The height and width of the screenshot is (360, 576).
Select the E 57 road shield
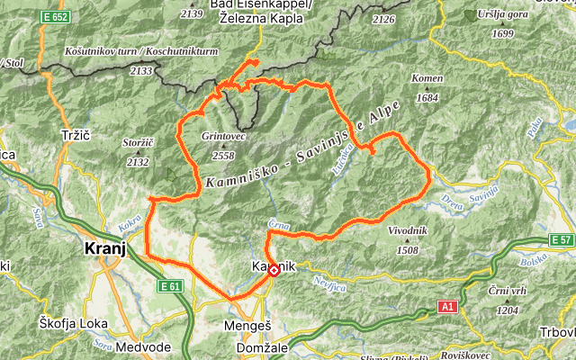point(561,240)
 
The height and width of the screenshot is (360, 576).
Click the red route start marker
point(274,270)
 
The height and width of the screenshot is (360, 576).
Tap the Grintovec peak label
point(223,137)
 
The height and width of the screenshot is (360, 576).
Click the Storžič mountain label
point(137,142)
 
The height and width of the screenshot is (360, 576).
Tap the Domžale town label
point(260,347)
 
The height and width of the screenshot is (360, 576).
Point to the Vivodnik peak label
point(408,231)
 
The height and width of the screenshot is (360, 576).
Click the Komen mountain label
point(427,79)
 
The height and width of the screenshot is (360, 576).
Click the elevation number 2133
point(140,69)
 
